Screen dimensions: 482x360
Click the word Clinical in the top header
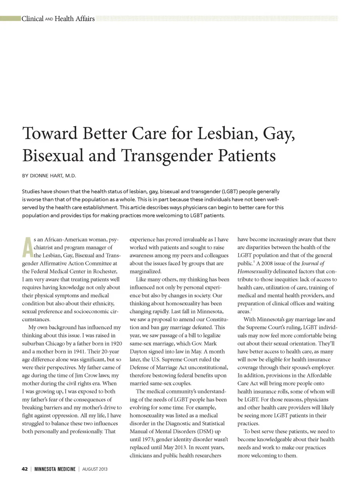[33, 19]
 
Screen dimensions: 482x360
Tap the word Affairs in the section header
[85, 19]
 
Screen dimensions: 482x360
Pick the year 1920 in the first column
[114, 343]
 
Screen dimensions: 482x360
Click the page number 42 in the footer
[25, 469]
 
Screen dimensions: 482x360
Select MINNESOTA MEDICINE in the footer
[55, 469]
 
